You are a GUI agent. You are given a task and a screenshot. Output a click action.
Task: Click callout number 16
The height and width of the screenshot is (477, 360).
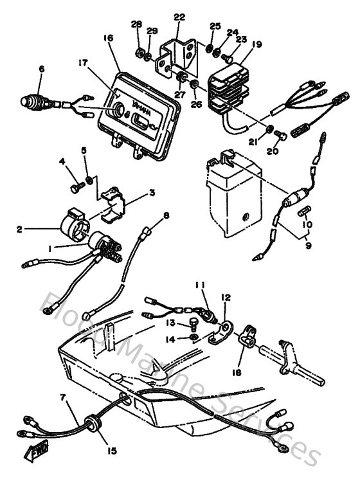point(107,39)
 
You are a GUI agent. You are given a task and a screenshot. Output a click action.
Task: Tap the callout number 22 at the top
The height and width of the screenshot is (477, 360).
point(179,16)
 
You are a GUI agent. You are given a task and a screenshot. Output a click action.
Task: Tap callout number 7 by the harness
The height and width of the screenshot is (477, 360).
point(62,399)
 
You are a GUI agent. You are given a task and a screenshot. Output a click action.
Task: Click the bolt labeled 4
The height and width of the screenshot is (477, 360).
point(76,188)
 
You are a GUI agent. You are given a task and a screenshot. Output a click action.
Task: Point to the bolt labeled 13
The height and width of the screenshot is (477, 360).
point(192,325)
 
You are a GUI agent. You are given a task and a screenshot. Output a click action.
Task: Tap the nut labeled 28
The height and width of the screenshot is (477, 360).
point(139,50)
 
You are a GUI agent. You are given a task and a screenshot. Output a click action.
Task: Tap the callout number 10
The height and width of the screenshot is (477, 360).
point(308,225)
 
